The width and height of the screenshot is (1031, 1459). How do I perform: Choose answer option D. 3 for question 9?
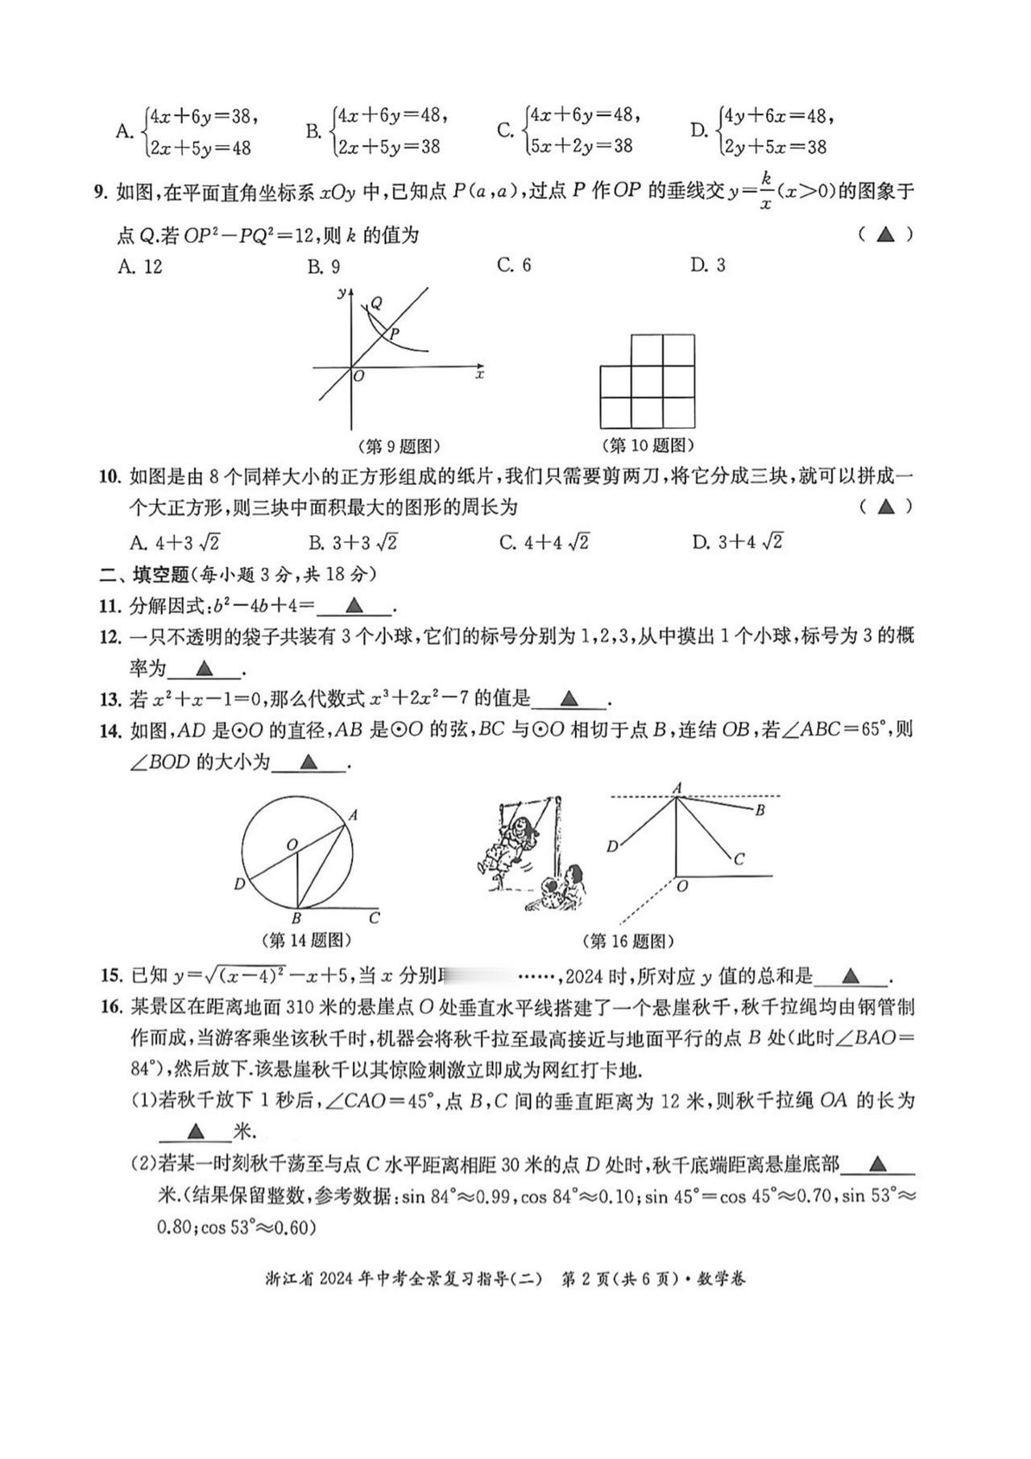tap(707, 265)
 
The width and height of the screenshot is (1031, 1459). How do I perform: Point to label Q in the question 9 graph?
tap(376, 304)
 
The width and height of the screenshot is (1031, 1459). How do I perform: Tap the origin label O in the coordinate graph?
tap(359, 376)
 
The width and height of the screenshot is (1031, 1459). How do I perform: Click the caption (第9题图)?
tap(398, 446)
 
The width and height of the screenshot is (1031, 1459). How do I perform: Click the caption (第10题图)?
tap(648, 446)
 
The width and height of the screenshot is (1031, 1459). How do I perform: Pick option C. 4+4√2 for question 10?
tap(544, 542)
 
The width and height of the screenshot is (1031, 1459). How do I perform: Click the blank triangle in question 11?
tap(354, 606)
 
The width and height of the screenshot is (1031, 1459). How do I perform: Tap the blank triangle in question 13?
tap(569, 698)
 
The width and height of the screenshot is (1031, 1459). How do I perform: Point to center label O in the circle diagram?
tap(292, 844)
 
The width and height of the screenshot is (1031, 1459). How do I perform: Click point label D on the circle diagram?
tap(239, 885)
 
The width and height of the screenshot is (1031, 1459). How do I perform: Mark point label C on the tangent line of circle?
tap(374, 918)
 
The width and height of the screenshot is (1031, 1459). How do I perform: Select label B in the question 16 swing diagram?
tap(760, 810)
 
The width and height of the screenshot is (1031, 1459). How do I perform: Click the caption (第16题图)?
tap(627, 941)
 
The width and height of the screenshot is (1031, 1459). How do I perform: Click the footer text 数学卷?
tap(721, 1279)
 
